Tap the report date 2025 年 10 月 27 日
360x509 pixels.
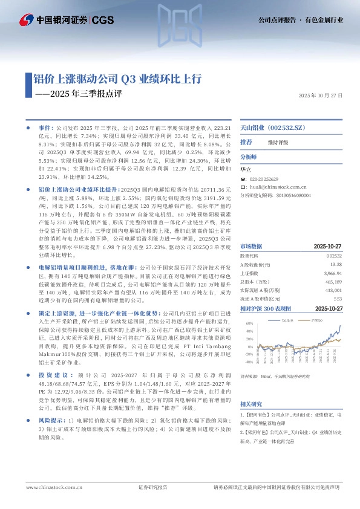coord(321,96)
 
